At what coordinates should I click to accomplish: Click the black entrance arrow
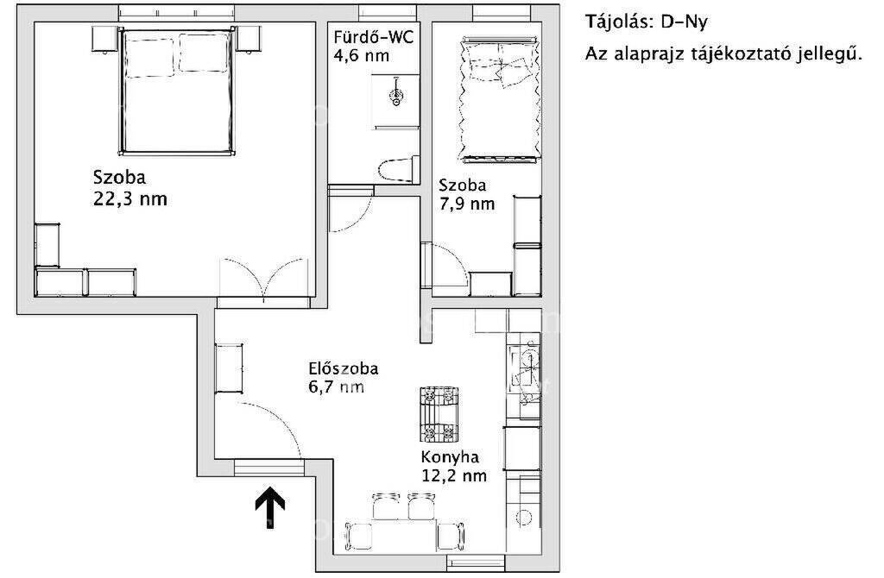click(x=270, y=506)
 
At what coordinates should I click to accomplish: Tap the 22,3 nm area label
click(x=130, y=199)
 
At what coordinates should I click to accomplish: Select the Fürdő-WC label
click(x=373, y=37)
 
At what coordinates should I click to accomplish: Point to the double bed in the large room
click(x=176, y=91)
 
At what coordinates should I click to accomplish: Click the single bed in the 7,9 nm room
click(x=499, y=100)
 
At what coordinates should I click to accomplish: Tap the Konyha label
click(x=450, y=457)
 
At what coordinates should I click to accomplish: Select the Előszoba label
click(x=344, y=369)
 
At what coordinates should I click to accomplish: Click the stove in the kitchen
click(x=439, y=414)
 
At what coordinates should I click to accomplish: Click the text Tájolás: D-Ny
click(x=646, y=22)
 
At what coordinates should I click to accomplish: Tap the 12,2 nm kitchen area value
click(x=454, y=475)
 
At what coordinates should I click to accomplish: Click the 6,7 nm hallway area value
click(x=336, y=387)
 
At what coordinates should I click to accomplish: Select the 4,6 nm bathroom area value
click(x=361, y=56)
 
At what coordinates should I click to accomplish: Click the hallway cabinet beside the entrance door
click(x=229, y=368)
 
